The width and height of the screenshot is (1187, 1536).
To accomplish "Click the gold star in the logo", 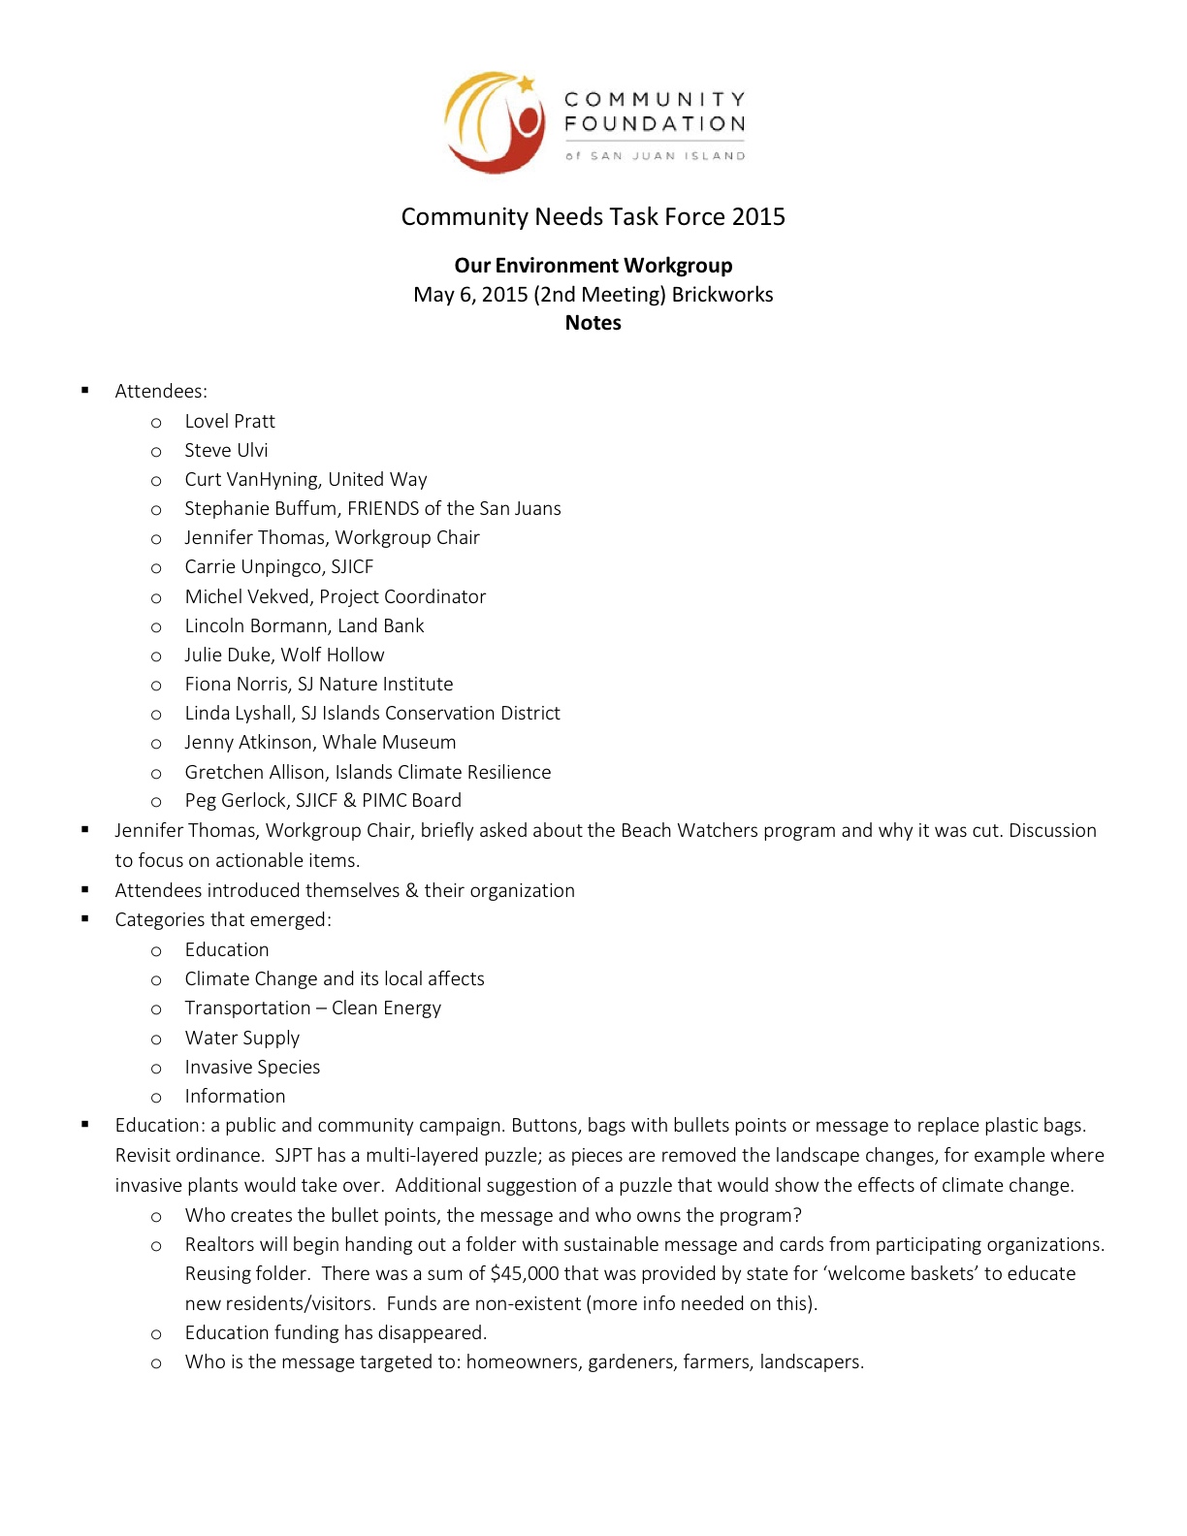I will [x=526, y=84].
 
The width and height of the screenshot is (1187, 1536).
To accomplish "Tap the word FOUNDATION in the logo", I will [x=655, y=124].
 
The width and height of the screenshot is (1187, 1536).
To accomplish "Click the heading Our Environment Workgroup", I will [x=593, y=266].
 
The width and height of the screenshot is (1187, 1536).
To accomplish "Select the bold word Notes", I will [x=593, y=323].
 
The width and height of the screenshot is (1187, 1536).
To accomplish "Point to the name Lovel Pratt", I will [x=230, y=421].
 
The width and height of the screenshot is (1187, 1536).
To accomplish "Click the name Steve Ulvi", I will [x=226, y=450].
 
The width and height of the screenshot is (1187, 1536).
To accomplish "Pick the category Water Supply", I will [x=242, y=1038].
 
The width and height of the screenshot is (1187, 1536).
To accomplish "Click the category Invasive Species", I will [x=252, y=1067].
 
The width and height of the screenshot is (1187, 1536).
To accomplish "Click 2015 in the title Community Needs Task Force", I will [x=758, y=216].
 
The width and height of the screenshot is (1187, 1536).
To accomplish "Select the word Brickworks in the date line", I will [x=722, y=295].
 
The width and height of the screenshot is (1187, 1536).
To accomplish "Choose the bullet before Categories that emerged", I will [x=85, y=918].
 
